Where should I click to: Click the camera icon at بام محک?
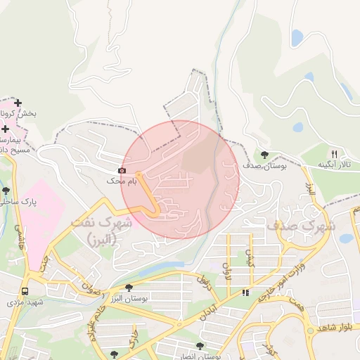[122, 171]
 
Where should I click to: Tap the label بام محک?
[120, 181]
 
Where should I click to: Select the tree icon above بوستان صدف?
[264, 155]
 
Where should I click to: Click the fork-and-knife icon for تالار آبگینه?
[334, 154]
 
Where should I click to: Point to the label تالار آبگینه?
[333, 165]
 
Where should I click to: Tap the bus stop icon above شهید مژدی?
[25, 291]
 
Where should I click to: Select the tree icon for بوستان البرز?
[129, 288]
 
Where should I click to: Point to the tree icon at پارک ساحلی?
[6, 191]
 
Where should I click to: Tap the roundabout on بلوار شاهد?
[309, 330]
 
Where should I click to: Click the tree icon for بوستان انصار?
[200, 346]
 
